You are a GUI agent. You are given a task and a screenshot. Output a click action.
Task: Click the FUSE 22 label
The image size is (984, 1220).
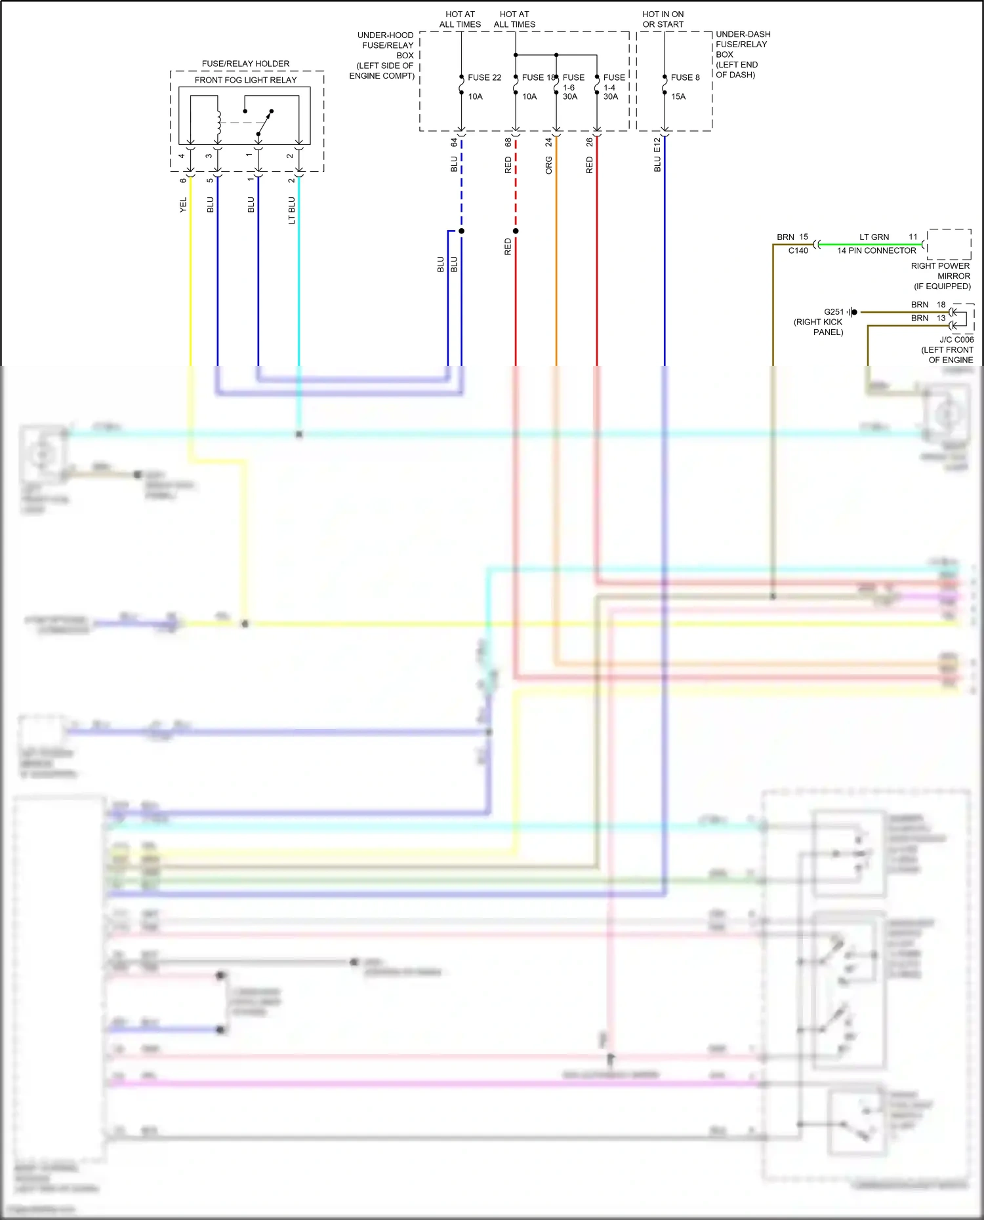pyautogui.click(x=484, y=77)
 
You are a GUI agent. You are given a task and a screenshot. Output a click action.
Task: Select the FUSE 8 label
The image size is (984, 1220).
pyautogui.click(x=685, y=77)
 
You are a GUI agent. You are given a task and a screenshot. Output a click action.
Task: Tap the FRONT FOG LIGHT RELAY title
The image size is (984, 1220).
pyautogui.click(x=245, y=80)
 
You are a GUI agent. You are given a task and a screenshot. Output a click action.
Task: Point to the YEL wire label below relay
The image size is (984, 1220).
pyautogui.click(x=183, y=205)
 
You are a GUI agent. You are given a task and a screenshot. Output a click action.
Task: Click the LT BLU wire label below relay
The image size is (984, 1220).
pyautogui.click(x=291, y=210)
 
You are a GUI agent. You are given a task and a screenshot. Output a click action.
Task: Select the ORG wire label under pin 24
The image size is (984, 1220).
pyautogui.click(x=549, y=165)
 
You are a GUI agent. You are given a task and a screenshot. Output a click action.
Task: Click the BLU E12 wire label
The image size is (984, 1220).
pyautogui.click(x=657, y=155)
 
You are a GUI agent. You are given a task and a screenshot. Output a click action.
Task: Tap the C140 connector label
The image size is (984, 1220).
pyautogui.click(x=798, y=250)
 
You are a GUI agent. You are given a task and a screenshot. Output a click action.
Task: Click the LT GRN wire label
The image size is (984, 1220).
pyautogui.click(x=874, y=237)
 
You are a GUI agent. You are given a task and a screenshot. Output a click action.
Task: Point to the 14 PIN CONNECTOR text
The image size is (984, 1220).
pyautogui.click(x=876, y=250)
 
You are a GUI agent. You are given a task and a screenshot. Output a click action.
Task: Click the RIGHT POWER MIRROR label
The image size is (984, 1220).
pyautogui.click(x=940, y=271)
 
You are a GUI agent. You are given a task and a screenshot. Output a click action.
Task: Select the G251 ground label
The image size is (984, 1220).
pyautogui.click(x=833, y=312)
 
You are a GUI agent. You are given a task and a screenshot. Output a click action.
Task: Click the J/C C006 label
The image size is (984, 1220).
pyautogui.click(x=956, y=340)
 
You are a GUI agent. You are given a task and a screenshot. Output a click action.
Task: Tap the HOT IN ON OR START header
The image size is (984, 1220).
pyautogui.click(x=663, y=19)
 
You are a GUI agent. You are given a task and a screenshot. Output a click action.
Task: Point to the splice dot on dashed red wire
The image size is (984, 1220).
pyautogui.click(x=516, y=231)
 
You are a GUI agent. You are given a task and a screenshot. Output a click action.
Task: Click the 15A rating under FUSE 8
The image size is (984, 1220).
pyautogui.click(x=678, y=96)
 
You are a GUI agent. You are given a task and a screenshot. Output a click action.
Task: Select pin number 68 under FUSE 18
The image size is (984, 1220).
pyautogui.click(x=508, y=142)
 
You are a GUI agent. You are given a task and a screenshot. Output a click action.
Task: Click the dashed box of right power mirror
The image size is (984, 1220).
pyautogui.click(x=949, y=245)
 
